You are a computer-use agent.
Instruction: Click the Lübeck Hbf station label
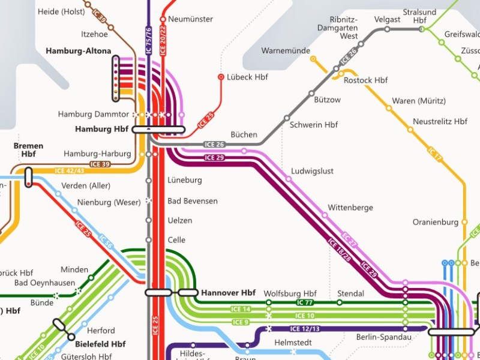pos(247,77)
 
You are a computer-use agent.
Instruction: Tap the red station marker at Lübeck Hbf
pos(221,77)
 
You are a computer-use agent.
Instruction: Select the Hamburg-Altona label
pos(78,51)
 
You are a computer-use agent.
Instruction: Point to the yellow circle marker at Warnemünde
pos(313,59)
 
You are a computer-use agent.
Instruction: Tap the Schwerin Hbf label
pos(314,125)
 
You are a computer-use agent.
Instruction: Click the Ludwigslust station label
pos(312,171)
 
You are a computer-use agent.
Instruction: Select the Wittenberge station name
pos(350,208)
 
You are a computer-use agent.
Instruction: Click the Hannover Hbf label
pos(228,293)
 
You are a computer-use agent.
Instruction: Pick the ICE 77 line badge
pos(305,302)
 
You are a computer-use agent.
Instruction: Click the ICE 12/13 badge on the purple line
pos(305,329)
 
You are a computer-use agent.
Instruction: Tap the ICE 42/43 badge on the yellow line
pos(70,171)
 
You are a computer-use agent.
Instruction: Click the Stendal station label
pos(351,293)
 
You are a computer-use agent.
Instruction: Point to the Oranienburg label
pos(436,222)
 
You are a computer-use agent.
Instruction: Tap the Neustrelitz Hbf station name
pos(440,121)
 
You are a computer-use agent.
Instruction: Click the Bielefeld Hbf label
pos(100,344)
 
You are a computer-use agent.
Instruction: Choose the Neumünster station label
pos(190,19)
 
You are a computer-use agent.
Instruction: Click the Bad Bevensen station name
pos(192,200)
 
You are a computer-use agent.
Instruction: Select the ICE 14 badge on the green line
pos(241,309)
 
